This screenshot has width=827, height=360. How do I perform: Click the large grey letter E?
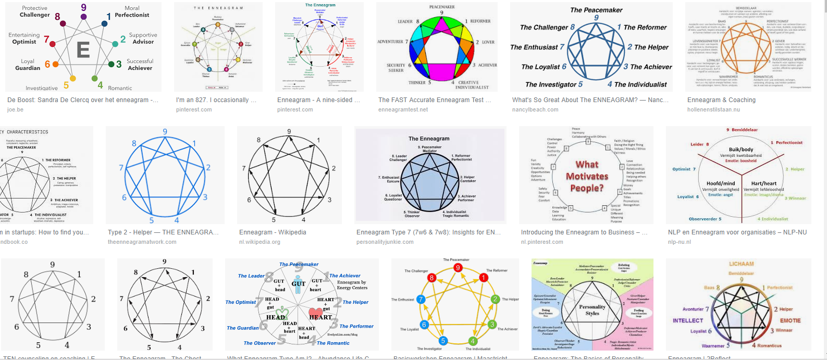[83, 49]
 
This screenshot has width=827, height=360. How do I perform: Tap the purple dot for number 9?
[84, 17]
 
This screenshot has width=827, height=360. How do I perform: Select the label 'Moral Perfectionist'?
[132, 11]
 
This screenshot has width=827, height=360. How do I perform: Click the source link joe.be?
[15, 110]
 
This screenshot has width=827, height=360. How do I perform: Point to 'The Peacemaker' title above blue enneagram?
[596, 10]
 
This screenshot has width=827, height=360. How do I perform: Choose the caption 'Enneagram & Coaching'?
[721, 100]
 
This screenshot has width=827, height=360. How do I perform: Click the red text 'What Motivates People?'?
[587, 176]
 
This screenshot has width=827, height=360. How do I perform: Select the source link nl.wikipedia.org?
[260, 242]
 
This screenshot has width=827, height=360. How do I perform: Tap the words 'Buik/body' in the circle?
[740, 150]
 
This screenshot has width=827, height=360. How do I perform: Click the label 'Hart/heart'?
[763, 183]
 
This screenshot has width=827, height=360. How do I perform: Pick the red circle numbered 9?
[458, 268]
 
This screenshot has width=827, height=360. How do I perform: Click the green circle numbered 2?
[495, 299]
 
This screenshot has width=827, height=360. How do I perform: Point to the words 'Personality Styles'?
[592, 310]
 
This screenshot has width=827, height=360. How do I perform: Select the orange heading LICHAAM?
[741, 264]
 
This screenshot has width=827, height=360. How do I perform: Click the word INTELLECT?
[688, 321]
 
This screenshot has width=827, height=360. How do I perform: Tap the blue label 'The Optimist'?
[241, 302]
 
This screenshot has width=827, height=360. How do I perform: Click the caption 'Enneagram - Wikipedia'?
[273, 232]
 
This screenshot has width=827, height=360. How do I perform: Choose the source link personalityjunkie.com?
[385, 242]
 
